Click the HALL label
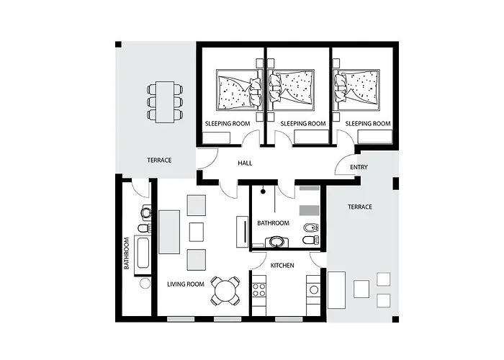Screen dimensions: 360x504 point(245,163)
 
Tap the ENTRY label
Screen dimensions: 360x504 point(359,167)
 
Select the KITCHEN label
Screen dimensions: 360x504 point(282,266)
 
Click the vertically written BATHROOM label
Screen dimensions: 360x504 point(126,253)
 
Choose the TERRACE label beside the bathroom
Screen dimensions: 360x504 point(360,207)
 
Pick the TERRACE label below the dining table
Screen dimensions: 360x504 point(159,160)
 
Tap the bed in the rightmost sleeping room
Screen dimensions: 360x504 point(358,91)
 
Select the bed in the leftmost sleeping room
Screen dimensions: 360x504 point(237,91)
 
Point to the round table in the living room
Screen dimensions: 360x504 point(226,292)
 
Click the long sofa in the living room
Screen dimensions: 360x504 point(169,232)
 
